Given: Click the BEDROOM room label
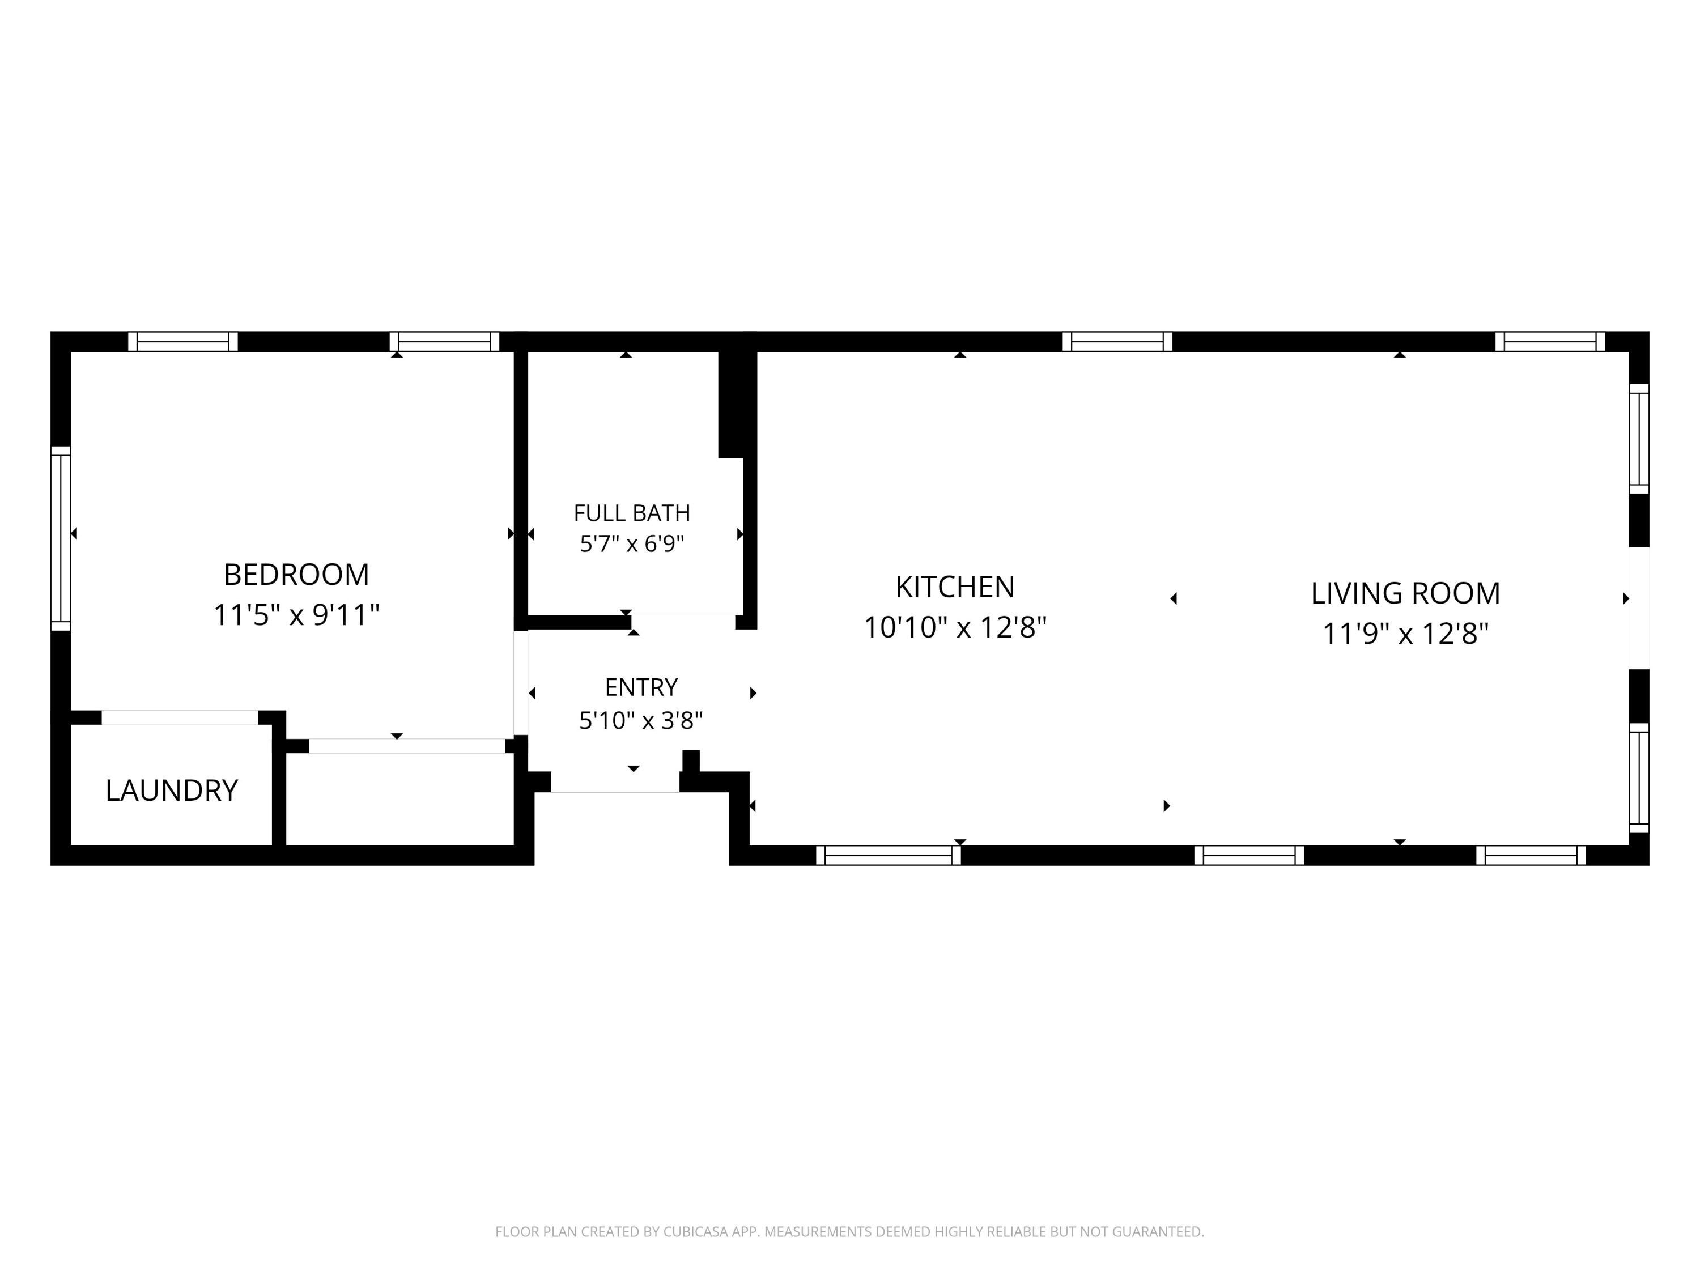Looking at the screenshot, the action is coord(297,574).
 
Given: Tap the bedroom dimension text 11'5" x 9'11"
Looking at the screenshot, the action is coord(297,615).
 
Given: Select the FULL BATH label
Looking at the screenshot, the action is coord(632,513).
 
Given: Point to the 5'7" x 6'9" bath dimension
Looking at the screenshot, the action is coord(632,544).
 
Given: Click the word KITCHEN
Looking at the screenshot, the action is coord(955,587).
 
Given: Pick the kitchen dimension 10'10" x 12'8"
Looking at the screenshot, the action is coord(955,627).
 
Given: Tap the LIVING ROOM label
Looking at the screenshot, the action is coord(1406,593).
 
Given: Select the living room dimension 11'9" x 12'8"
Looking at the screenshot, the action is coord(1406,634).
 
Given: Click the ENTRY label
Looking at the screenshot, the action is coord(641,687).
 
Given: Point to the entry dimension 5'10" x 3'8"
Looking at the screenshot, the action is coord(641,720).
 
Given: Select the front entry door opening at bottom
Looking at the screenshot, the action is coord(615,781).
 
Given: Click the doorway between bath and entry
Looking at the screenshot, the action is coord(683,622).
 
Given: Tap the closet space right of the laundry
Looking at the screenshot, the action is coord(399,799).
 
